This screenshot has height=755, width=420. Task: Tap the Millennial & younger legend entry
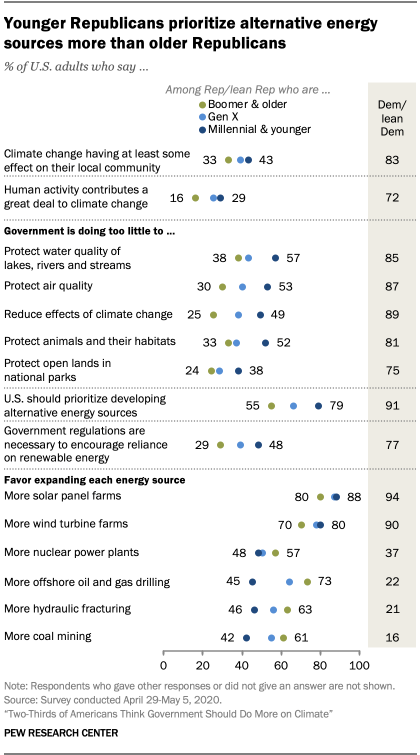[254, 129]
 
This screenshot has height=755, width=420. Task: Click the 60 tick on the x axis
[281, 665]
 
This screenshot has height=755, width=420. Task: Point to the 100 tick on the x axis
[359, 665]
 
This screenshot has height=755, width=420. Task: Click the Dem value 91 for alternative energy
[392, 405]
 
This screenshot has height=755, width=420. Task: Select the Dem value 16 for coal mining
[392, 637]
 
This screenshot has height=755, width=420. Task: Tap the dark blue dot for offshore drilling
[252, 582]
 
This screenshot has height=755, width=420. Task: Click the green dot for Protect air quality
[222, 287]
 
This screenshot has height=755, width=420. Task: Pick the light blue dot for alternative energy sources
[293, 405]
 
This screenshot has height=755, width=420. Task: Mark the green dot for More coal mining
[283, 638]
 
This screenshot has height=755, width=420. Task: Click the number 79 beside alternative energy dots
[336, 405]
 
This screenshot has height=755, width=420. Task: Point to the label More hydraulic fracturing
[67, 609]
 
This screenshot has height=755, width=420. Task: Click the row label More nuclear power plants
[71, 552]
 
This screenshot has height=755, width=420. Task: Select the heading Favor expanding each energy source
[94, 480]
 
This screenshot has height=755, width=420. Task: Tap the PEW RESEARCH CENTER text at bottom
[61, 733]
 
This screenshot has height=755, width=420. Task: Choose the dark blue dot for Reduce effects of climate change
[260, 315]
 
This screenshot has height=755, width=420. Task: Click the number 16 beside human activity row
[176, 198]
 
